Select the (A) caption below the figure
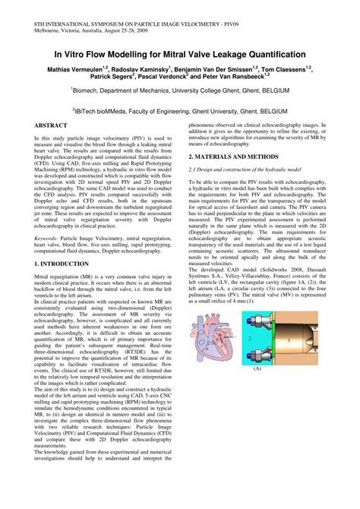click(257, 368)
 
